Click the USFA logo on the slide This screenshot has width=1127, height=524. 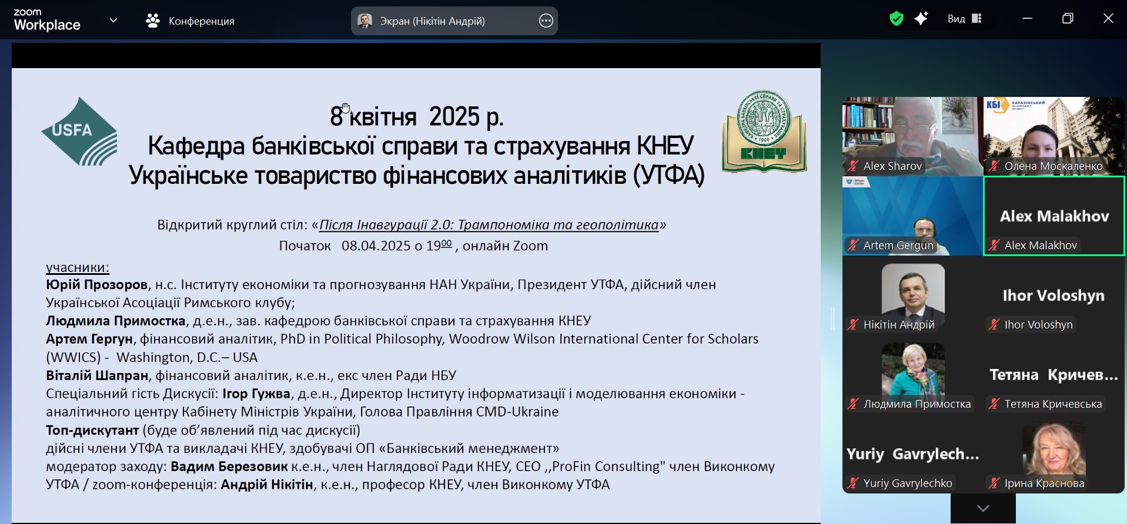79,132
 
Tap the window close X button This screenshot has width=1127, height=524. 1108,18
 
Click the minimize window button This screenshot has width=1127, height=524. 1027,19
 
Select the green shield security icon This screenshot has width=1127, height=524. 896,19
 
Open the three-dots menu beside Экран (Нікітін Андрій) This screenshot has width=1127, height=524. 546,21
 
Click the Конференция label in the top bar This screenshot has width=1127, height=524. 202,21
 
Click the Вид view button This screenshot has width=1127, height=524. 965,19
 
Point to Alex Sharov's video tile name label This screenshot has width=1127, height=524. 892,166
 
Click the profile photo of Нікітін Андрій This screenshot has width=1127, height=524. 913,292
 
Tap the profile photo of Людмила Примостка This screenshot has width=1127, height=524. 913,371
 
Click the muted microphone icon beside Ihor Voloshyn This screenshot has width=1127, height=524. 994,325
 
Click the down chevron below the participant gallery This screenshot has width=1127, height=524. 983,508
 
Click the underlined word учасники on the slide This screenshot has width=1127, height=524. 78,267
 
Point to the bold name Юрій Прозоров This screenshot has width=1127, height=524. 97,285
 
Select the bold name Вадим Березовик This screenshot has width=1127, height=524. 229,466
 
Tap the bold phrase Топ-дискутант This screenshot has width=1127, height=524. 92,430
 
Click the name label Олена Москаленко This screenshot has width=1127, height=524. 1054,166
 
